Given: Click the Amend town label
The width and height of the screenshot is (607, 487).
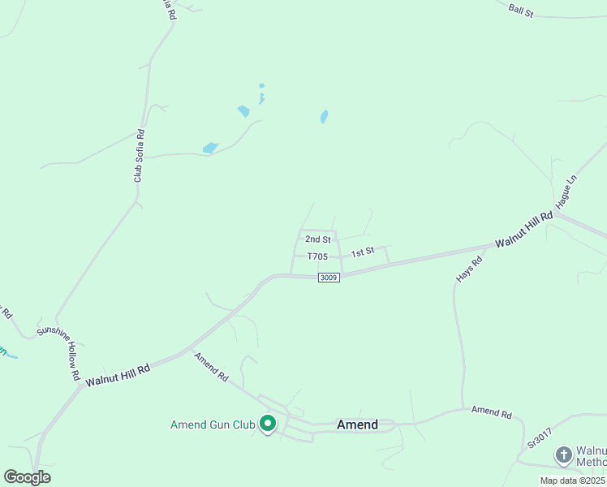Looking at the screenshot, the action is (357, 425).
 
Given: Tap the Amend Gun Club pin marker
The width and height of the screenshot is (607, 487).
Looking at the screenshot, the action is (267, 424).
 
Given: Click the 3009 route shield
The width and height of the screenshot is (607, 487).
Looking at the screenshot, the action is (329, 278).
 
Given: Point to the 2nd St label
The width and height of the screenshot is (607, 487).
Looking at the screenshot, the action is (317, 239).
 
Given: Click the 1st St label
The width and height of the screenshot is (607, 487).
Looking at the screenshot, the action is (363, 252).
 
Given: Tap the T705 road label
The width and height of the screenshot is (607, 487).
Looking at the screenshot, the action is (317, 256).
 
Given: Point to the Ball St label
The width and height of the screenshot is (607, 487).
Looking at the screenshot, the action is (520, 10).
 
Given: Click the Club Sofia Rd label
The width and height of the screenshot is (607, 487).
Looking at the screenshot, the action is (139, 155).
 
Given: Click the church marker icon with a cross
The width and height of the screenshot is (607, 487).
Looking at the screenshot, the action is (564, 455).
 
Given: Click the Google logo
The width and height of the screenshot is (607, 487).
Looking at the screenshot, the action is (27, 477).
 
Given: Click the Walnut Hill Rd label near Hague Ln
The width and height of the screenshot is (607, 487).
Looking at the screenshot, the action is (524, 230).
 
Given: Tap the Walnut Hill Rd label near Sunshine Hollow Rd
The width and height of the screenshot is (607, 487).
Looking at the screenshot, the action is (118, 374).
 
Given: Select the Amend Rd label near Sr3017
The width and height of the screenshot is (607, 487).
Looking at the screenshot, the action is (492, 413).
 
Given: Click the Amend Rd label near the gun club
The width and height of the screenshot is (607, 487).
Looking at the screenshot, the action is (211, 368).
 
